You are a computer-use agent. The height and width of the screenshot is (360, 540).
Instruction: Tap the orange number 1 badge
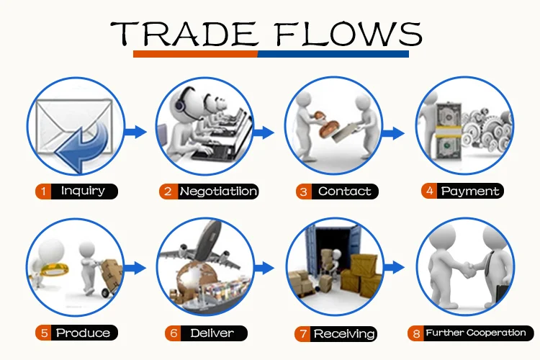(44, 192)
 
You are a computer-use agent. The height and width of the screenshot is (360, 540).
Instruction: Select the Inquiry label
(83, 191)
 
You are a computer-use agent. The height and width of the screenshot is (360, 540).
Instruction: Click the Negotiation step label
(217, 192)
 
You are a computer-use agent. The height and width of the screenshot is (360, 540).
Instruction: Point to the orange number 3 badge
(303, 192)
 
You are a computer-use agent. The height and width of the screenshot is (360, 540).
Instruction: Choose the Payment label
(470, 192)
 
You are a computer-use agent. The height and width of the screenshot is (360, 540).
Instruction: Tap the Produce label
(83, 333)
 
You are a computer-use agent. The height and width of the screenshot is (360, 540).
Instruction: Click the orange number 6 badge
(173, 333)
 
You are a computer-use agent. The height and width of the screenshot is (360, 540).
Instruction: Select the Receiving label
(344, 333)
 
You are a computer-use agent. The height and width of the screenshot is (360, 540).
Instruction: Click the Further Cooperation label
(475, 333)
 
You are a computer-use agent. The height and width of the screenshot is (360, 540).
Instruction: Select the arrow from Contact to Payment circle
(392, 132)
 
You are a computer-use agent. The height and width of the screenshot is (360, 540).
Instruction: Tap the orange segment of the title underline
(195, 54)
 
